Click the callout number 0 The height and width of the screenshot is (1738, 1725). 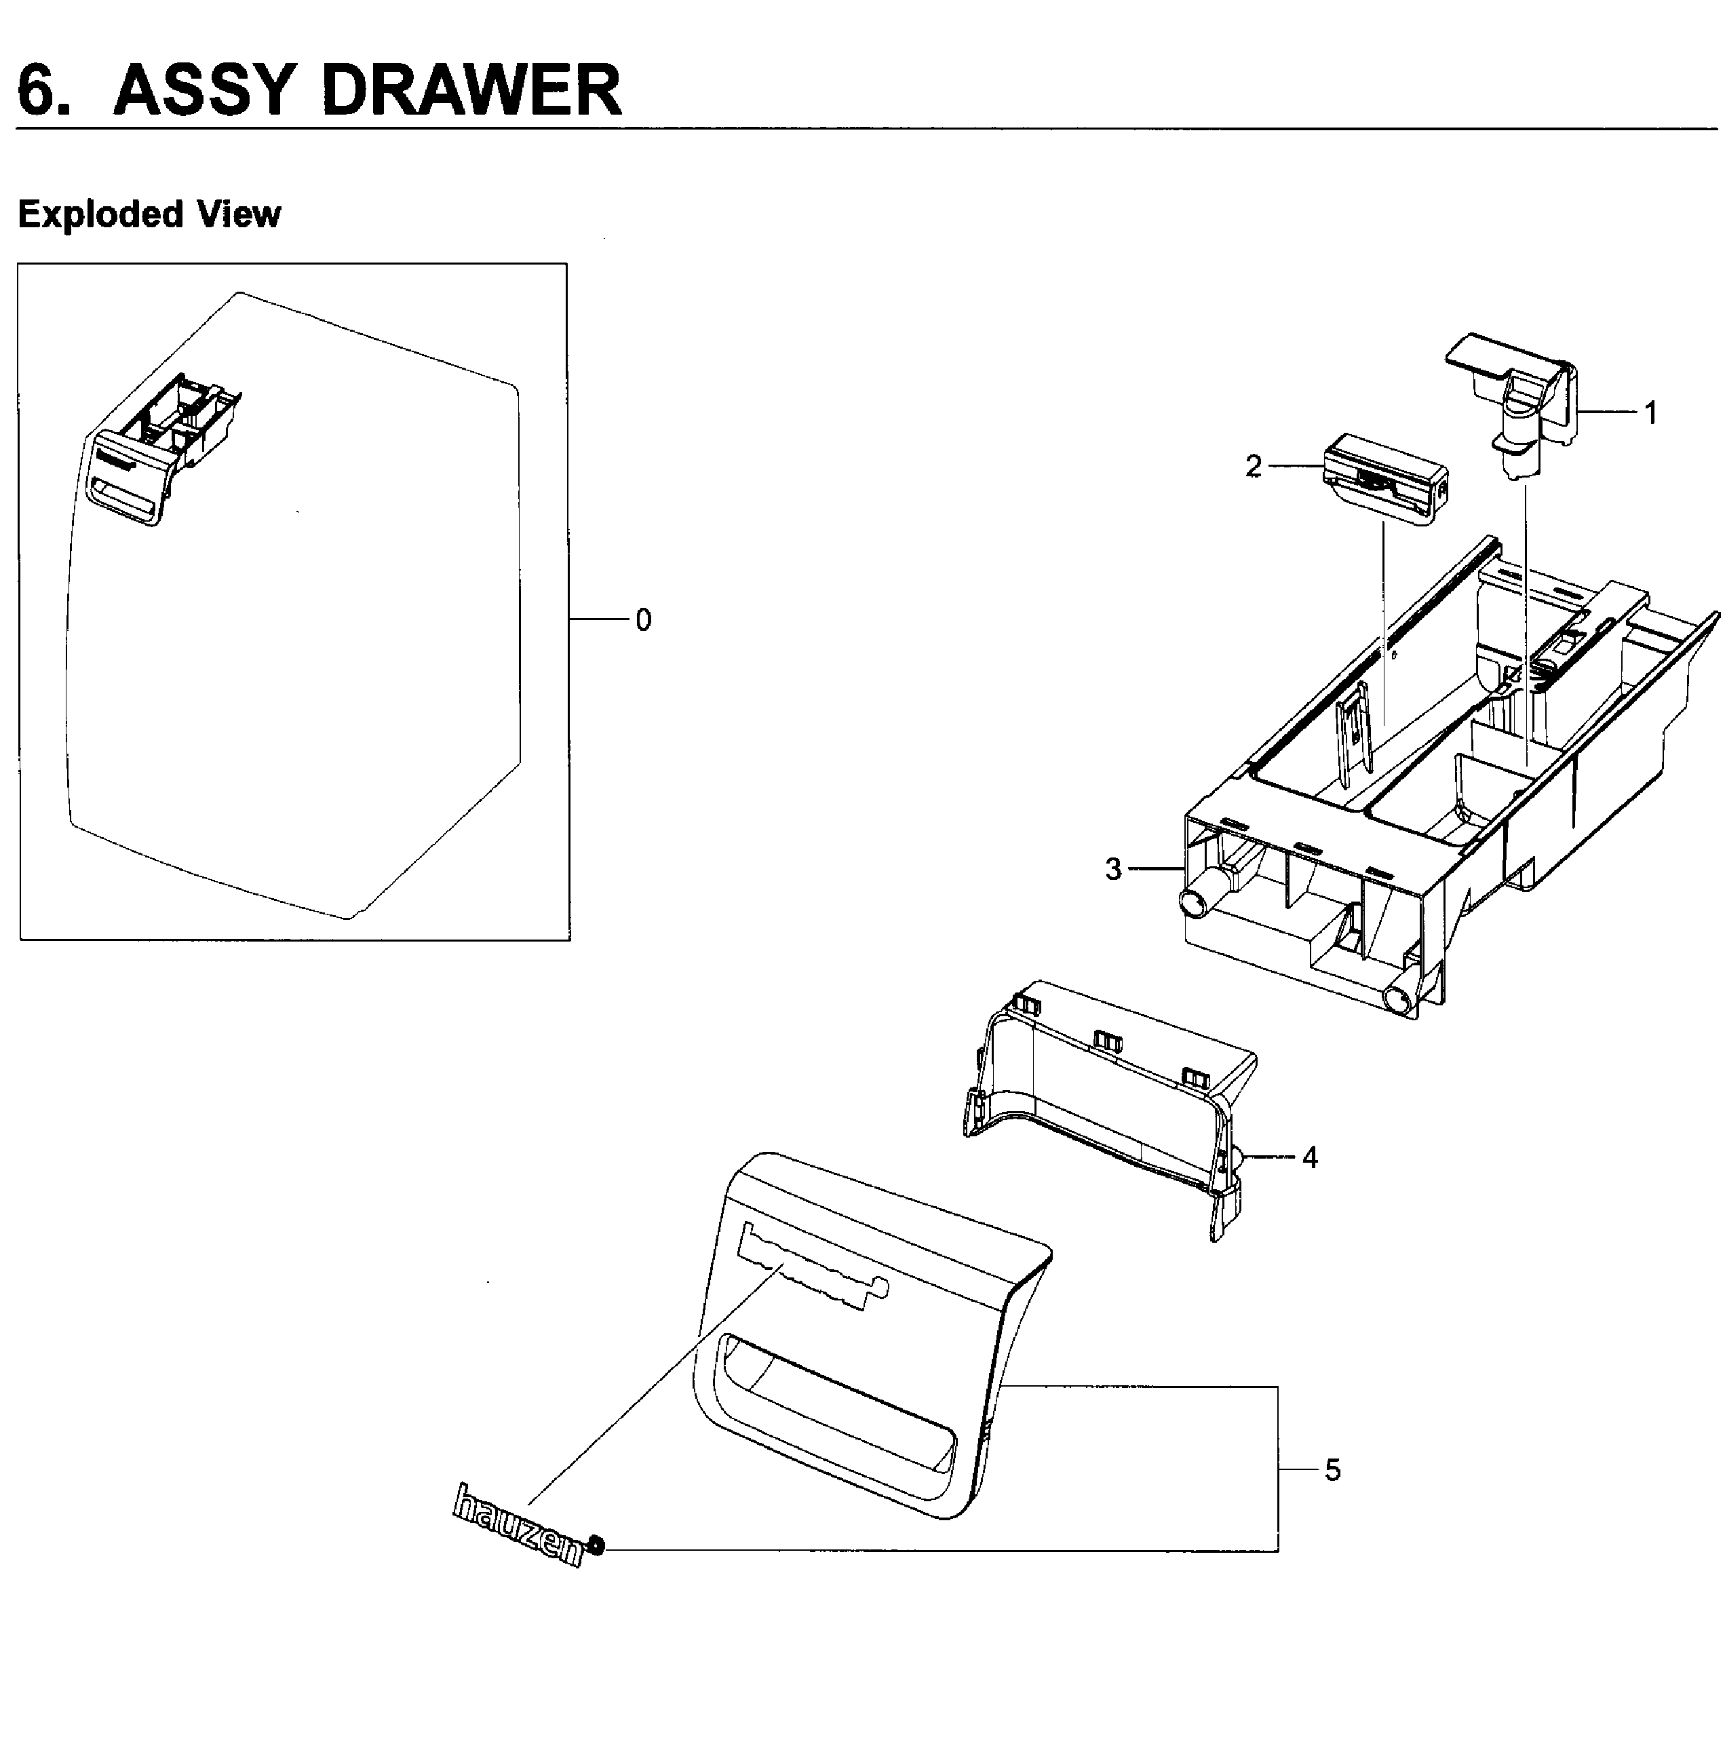[x=643, y=621]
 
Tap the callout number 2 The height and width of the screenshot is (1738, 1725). [x=1253, y=467]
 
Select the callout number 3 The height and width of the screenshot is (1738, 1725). [x=1113, y=869]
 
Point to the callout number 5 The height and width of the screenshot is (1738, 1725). [x=1332, y=1470]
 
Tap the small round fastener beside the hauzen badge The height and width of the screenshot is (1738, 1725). [x=597, y=1547]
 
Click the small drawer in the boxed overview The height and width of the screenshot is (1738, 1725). [x=162, y=450]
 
